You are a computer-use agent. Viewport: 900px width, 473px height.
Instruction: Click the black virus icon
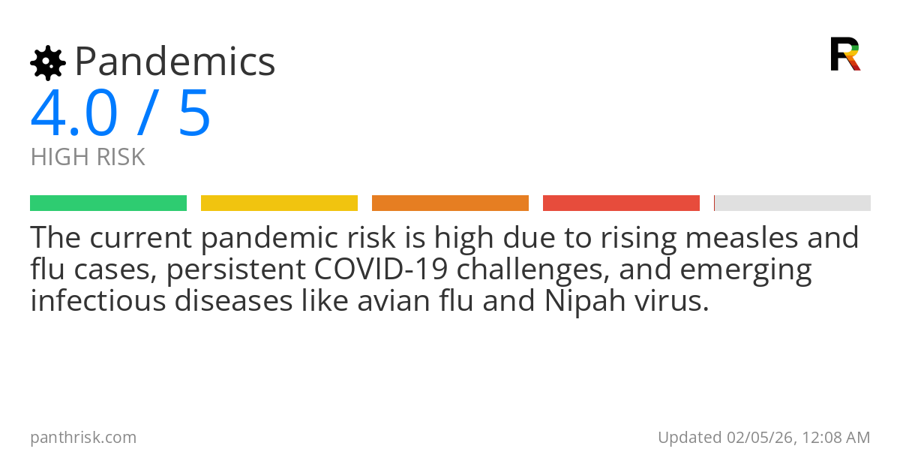[47, 63]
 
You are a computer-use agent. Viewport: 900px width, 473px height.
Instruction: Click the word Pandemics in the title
[175, 62]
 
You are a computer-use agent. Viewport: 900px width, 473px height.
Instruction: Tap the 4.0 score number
[74, 114]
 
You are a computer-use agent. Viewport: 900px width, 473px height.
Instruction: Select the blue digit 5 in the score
[194, 114]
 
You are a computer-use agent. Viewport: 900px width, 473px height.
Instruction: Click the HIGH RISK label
[88, 158]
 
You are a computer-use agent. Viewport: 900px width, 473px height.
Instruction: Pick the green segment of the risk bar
[108, 203]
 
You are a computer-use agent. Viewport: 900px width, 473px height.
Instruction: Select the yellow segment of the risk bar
[279, 203]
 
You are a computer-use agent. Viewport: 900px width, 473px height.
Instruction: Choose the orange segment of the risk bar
[450, 203]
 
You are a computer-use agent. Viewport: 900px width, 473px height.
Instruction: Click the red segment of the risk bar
[621, 203]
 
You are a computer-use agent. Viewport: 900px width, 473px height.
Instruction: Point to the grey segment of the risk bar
[793, 203]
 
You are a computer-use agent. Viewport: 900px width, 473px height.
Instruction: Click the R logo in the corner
[845, 54]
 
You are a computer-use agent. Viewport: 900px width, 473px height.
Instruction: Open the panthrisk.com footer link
[83, 438]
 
